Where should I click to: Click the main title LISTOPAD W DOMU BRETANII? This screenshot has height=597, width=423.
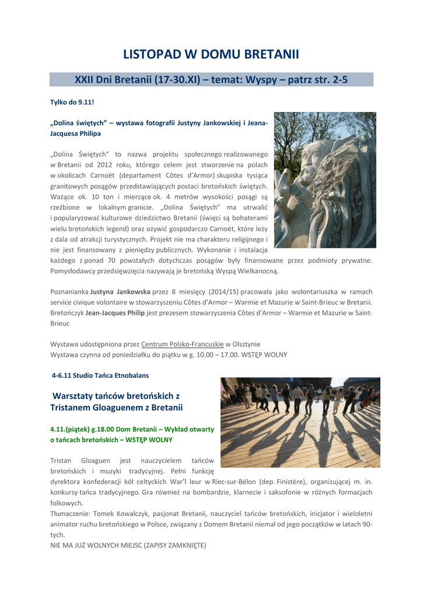point(211,54)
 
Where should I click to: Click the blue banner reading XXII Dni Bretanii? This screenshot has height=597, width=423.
point(211,80)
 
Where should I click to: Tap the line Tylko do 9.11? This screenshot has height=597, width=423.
point(72,102)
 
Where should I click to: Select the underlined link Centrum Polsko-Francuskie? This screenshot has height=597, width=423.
point(183,344)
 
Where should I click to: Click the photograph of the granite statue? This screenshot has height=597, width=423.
point(325,180)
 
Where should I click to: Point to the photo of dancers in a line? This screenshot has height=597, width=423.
point(300,422)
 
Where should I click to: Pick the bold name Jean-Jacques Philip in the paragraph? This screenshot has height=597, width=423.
point(115,312)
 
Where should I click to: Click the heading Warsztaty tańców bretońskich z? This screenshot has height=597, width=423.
point(116,395)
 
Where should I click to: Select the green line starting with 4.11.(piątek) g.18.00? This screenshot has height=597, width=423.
point(133,429)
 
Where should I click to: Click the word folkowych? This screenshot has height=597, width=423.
point(67,503)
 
